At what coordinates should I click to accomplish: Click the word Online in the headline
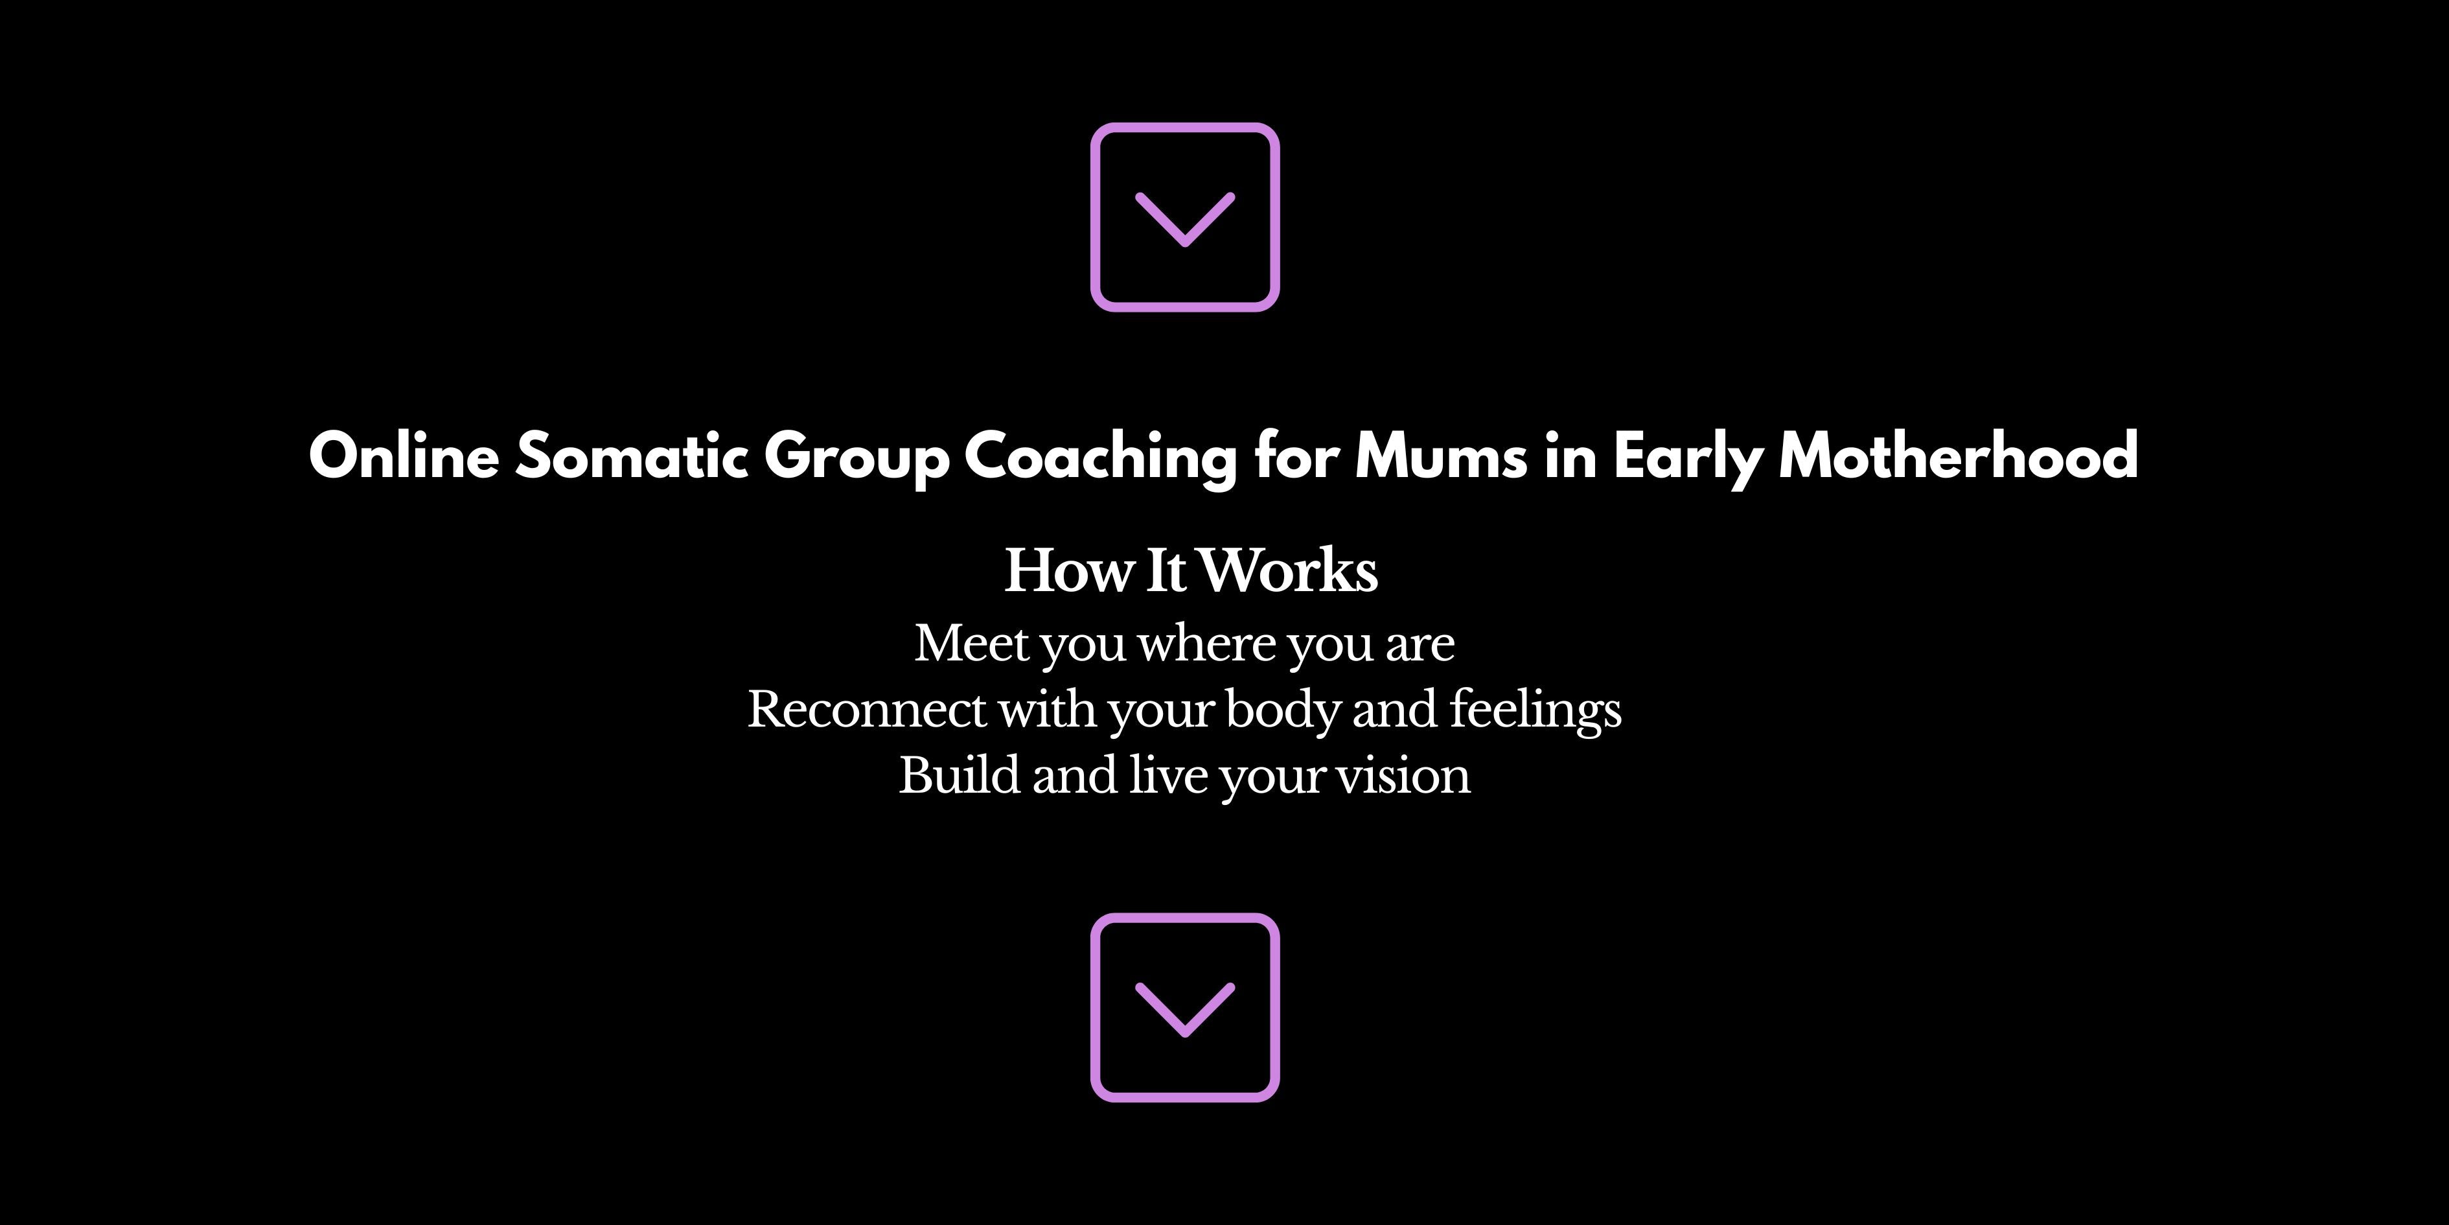(404, 456)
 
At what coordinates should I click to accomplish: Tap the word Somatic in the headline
(631, 456)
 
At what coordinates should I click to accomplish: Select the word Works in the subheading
(1289, 570)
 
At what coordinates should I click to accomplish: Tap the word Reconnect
(867, 710)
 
